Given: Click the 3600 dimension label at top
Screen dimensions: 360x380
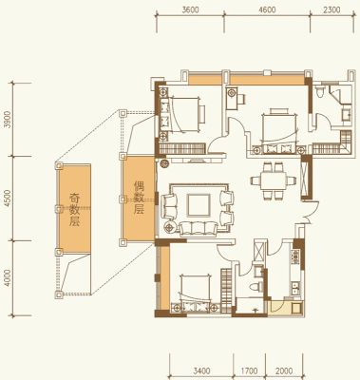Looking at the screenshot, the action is pyautogui.click(x=191, y=10).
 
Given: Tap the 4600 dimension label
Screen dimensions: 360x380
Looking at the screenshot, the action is pyautogui.click(x=267, y=10).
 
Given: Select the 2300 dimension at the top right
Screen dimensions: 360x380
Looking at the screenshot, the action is pyautogui.click(x=332, y=10).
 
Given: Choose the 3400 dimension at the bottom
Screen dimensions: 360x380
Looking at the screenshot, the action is pyautogui.click(x=202, y=370).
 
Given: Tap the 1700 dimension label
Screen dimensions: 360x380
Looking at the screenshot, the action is pyautogui.click(x=249, y=370).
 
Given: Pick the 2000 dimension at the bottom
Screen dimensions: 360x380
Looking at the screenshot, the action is pyautogui.click(x=284, y=370).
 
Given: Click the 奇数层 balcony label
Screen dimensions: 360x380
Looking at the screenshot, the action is pyautogui.click(x=74, y=210).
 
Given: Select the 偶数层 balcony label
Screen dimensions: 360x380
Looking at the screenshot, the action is pyautogui.click(x=139, y=198).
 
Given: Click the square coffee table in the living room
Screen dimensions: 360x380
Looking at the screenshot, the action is pyautogui.click(x=199, y=205).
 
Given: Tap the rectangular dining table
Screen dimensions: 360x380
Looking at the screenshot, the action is pyautogui.click(x=274, y=180).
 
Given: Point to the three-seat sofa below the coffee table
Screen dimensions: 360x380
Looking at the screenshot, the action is pyautogui.click(x=199, y=228).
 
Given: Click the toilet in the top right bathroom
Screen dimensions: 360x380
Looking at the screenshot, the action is pyautogui.click(x=320, y=90).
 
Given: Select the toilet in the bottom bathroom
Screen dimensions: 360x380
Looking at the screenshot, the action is pyautogui.click(x=256, y=288).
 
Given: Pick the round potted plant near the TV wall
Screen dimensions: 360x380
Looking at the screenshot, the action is pyautogui.click(x=164, y=164).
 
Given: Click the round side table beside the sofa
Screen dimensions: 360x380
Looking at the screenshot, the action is pyautogui.click(x=170, y=227).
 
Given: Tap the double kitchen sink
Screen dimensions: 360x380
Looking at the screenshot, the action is pyautogui.click(x=296, y=288).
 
